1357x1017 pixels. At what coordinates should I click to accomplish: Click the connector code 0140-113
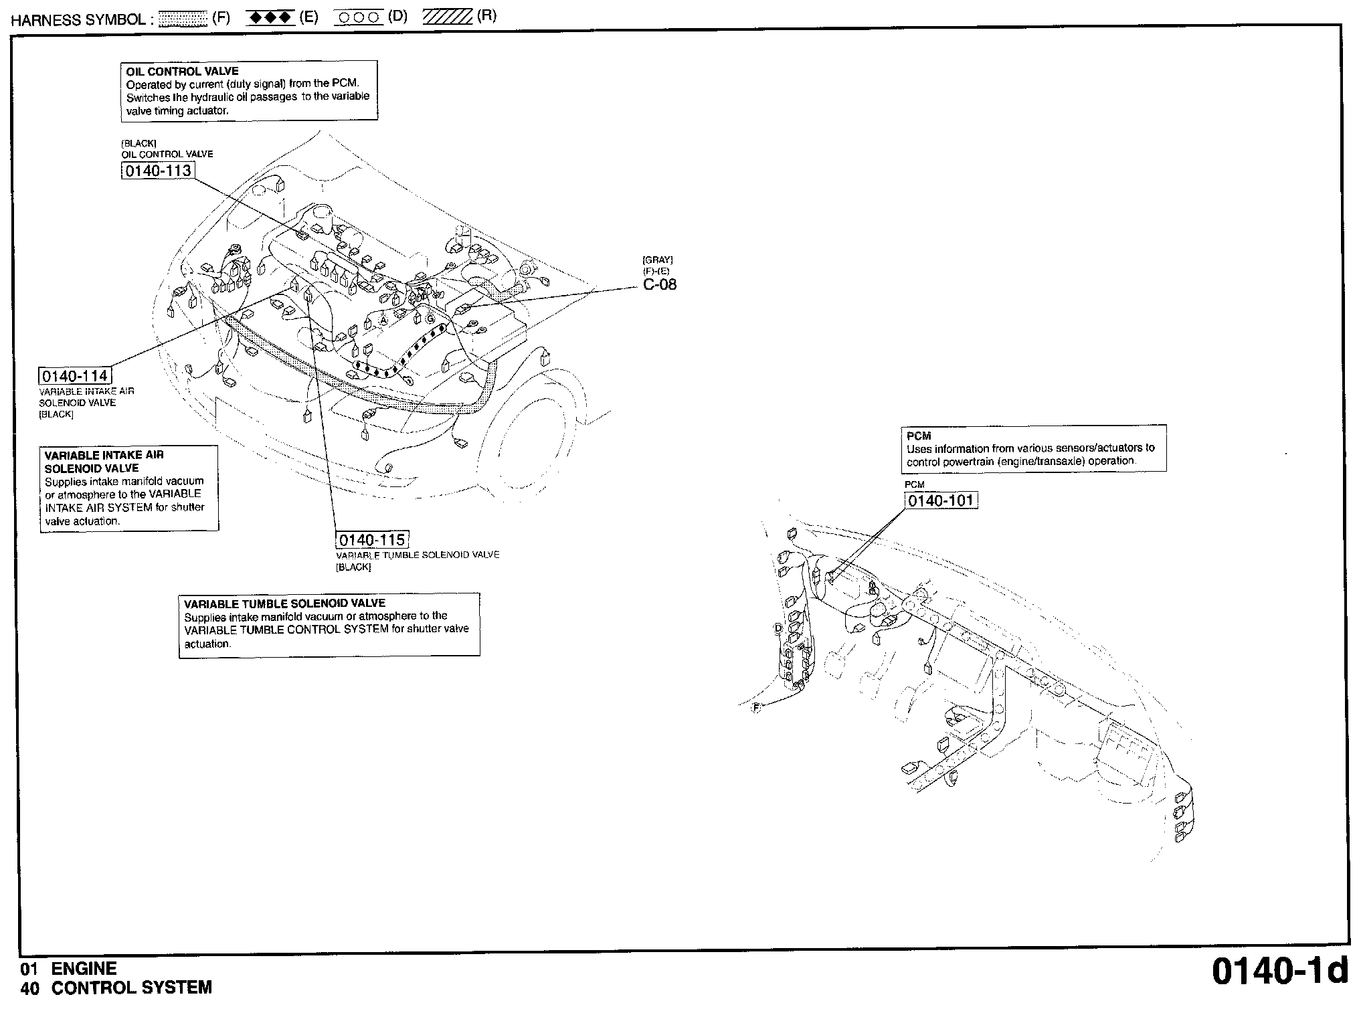pos(158,171)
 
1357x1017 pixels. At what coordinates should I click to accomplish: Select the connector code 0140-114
pos(75,376)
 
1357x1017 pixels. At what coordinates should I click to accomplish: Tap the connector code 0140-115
pos(372,540)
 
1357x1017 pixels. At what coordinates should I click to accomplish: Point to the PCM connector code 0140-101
pos(941,500)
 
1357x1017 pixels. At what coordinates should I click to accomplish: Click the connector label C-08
pos(660,284)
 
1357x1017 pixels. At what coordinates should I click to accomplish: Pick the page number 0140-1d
pos(1280,972)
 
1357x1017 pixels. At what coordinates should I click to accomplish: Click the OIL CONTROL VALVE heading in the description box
pos(182,72)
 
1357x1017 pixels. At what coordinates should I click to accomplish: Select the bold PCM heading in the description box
pos(919,436)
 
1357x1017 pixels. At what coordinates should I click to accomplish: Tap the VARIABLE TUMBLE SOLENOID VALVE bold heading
pos(285,603)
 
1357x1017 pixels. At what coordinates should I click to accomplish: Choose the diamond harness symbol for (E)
pos(270,18)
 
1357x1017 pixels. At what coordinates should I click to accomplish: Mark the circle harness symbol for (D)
pos(359,18)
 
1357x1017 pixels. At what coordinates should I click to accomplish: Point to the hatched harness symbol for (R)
pos(447,17)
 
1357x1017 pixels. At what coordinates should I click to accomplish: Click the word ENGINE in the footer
pos(84,969)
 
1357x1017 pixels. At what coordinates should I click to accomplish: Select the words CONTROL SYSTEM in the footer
pos(132,988)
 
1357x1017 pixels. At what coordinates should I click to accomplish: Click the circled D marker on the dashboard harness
pos(778,628)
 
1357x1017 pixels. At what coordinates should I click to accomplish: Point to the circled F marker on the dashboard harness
pos(757,707)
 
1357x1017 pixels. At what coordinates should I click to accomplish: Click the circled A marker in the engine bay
pos(383,320)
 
